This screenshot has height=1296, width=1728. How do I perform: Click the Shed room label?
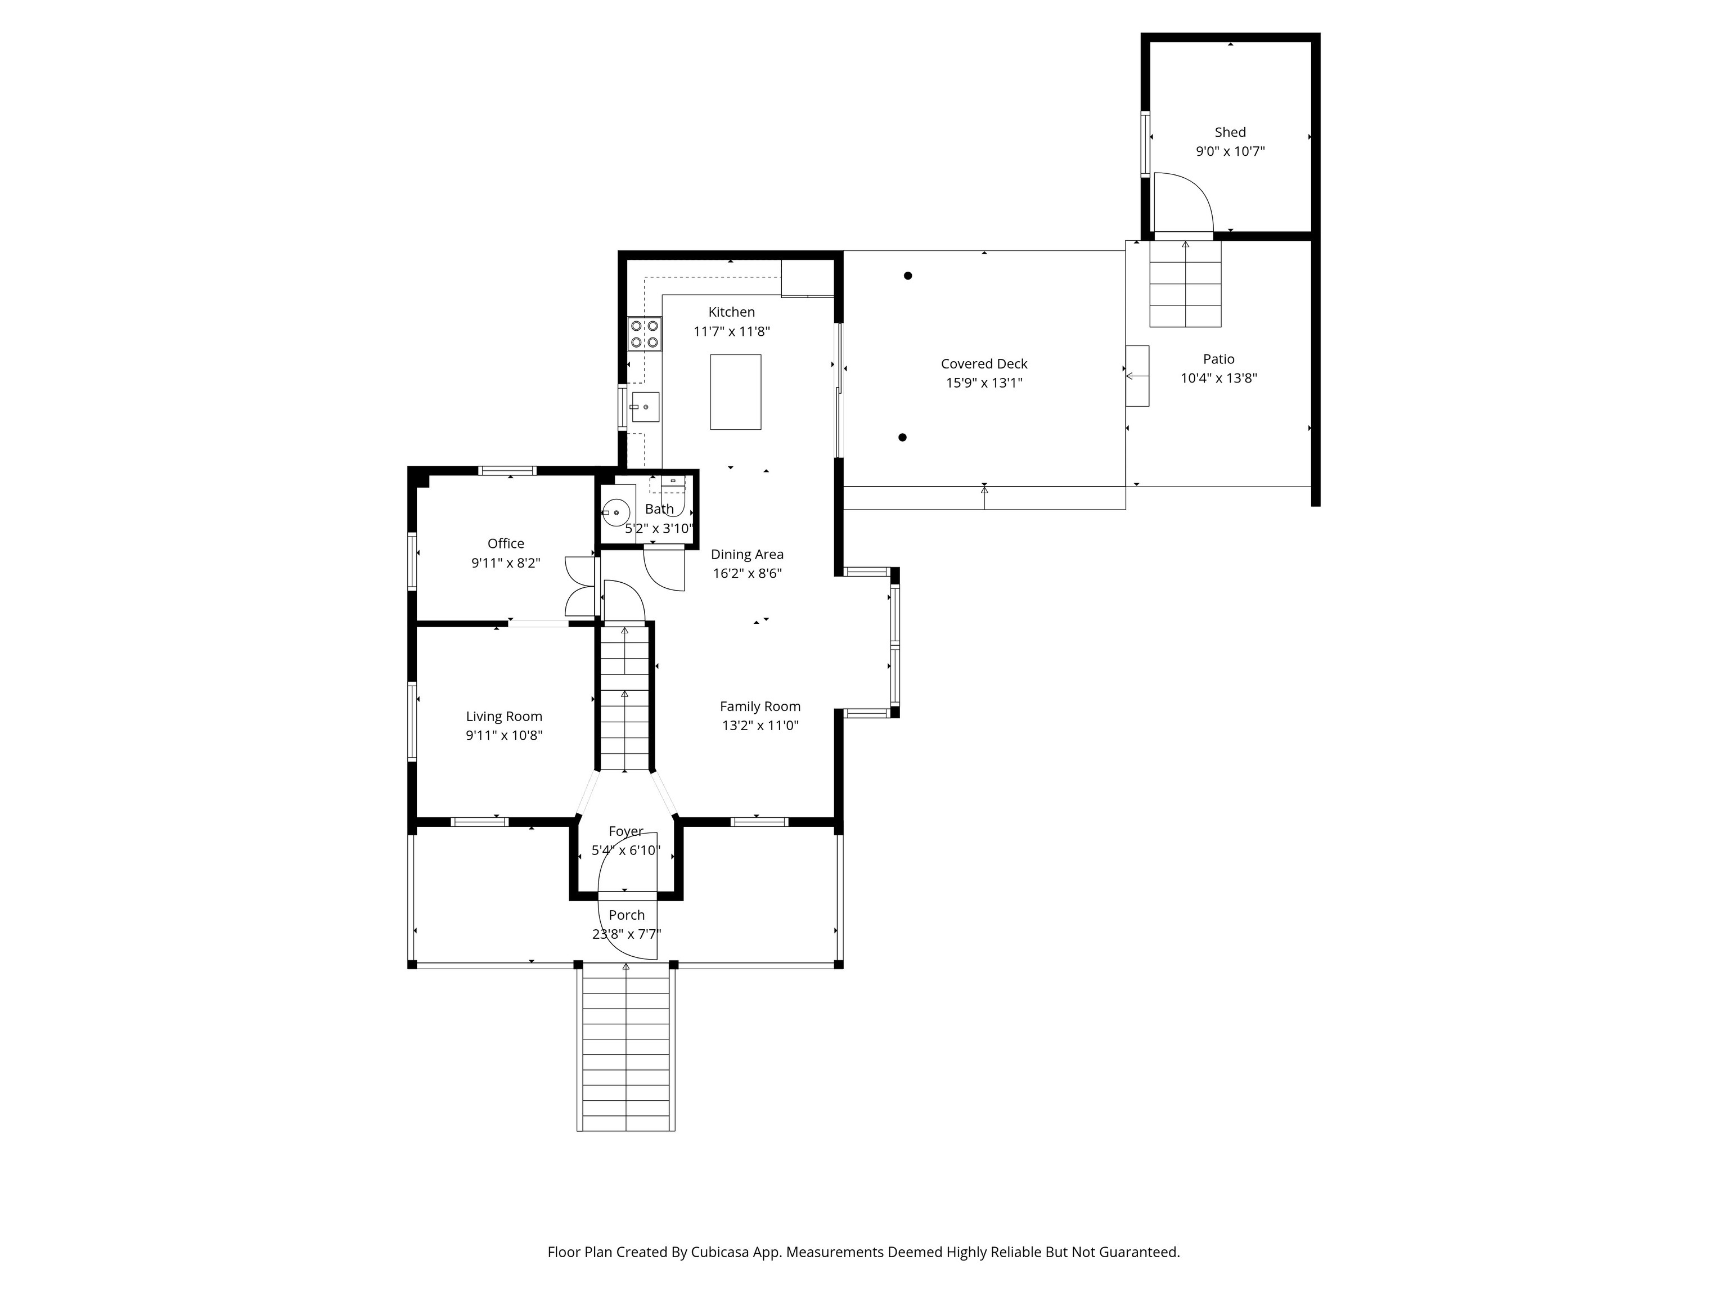pos(1230,133)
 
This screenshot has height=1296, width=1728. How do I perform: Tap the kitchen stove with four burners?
pos(645,334)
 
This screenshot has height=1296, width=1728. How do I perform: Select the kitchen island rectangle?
pos(735,392)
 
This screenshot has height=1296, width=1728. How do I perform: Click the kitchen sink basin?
pos(645,407)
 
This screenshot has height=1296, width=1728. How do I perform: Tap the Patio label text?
pos(1219,359)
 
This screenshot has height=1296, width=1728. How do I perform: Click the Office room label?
pos(506,544)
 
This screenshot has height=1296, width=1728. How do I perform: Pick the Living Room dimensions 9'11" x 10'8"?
pos(504,735)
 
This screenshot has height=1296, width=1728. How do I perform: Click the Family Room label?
pos(760,706)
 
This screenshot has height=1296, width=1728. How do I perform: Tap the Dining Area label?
pos(747,555)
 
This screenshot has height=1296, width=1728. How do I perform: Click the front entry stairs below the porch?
pos(625,1048)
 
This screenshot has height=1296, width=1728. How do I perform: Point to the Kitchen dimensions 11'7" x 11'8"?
pos(731,331)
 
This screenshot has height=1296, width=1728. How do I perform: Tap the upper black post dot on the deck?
pos(908,276)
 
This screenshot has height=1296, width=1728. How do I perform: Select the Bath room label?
pos(659,509)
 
